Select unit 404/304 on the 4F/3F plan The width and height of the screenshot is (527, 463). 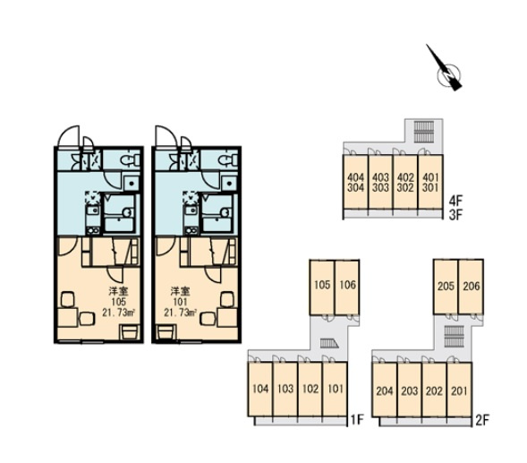point(355,182)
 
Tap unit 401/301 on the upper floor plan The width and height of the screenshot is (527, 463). point(430,182)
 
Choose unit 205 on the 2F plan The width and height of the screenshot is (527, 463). point(446,287)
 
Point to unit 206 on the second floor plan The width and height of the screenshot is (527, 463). point(471,287)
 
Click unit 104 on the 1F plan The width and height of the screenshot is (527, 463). point(260,390)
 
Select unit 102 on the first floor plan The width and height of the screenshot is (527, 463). point(310,390)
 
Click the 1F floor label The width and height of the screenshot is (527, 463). point(357,420)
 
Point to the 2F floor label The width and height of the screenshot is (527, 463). point(482,420)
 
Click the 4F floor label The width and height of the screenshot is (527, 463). point(456,201)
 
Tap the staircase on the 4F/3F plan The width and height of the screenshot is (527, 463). point(424,132)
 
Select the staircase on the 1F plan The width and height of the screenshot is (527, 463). point(326,343)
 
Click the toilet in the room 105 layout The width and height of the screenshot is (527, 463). point(131,159)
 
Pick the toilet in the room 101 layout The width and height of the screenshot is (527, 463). point(228,159)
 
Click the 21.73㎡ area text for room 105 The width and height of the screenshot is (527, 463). point(119,313)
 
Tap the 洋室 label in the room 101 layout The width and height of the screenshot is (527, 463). point(180,290)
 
